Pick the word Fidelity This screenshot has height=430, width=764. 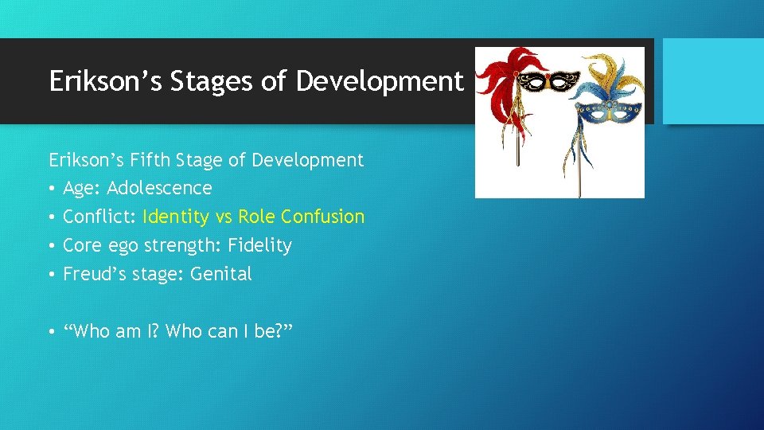(259, 245)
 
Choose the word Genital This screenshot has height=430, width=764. (221, 274)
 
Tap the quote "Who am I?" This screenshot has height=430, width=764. (116, 331)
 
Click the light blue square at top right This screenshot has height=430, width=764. (713, 80)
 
